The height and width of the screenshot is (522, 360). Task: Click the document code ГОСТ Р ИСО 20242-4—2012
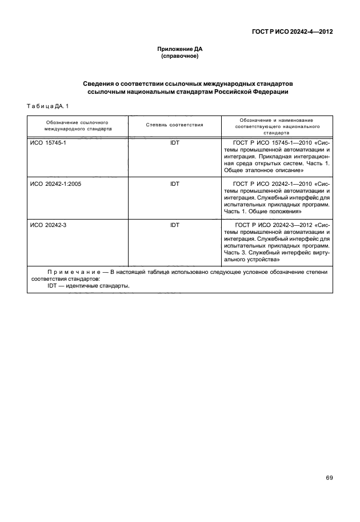(292, 32)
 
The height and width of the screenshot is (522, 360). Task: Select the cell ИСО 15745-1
(48, 142)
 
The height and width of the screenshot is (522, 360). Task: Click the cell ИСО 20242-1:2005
(56, 184)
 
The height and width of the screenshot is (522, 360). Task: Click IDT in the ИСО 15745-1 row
(174, 142)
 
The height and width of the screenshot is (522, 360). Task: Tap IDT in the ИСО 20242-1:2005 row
(174, 184)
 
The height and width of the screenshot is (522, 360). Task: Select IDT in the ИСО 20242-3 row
(174, 225)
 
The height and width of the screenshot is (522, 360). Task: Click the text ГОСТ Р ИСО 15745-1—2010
(272, 142)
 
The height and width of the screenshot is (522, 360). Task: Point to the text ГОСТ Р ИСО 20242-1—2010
(272, 184)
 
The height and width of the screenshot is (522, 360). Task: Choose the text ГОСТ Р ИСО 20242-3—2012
(272, 225)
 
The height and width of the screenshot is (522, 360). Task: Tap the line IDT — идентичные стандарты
(89, 286)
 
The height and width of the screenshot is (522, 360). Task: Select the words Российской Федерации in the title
(252, 91)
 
